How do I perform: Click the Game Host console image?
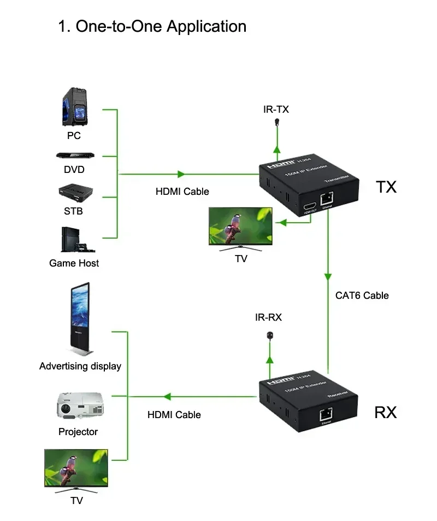click(74, 239)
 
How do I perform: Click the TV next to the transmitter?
click(241, 228)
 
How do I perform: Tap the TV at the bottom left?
click(76, 470)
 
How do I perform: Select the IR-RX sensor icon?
click(269, 335)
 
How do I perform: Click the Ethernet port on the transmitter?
click(328, 199)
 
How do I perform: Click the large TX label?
click(386, 187)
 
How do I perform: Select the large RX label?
click(385, 412)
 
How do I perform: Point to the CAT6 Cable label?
click(362, 296)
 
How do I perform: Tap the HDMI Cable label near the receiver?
click(174, 415)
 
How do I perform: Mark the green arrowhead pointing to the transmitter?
click(181, 175)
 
